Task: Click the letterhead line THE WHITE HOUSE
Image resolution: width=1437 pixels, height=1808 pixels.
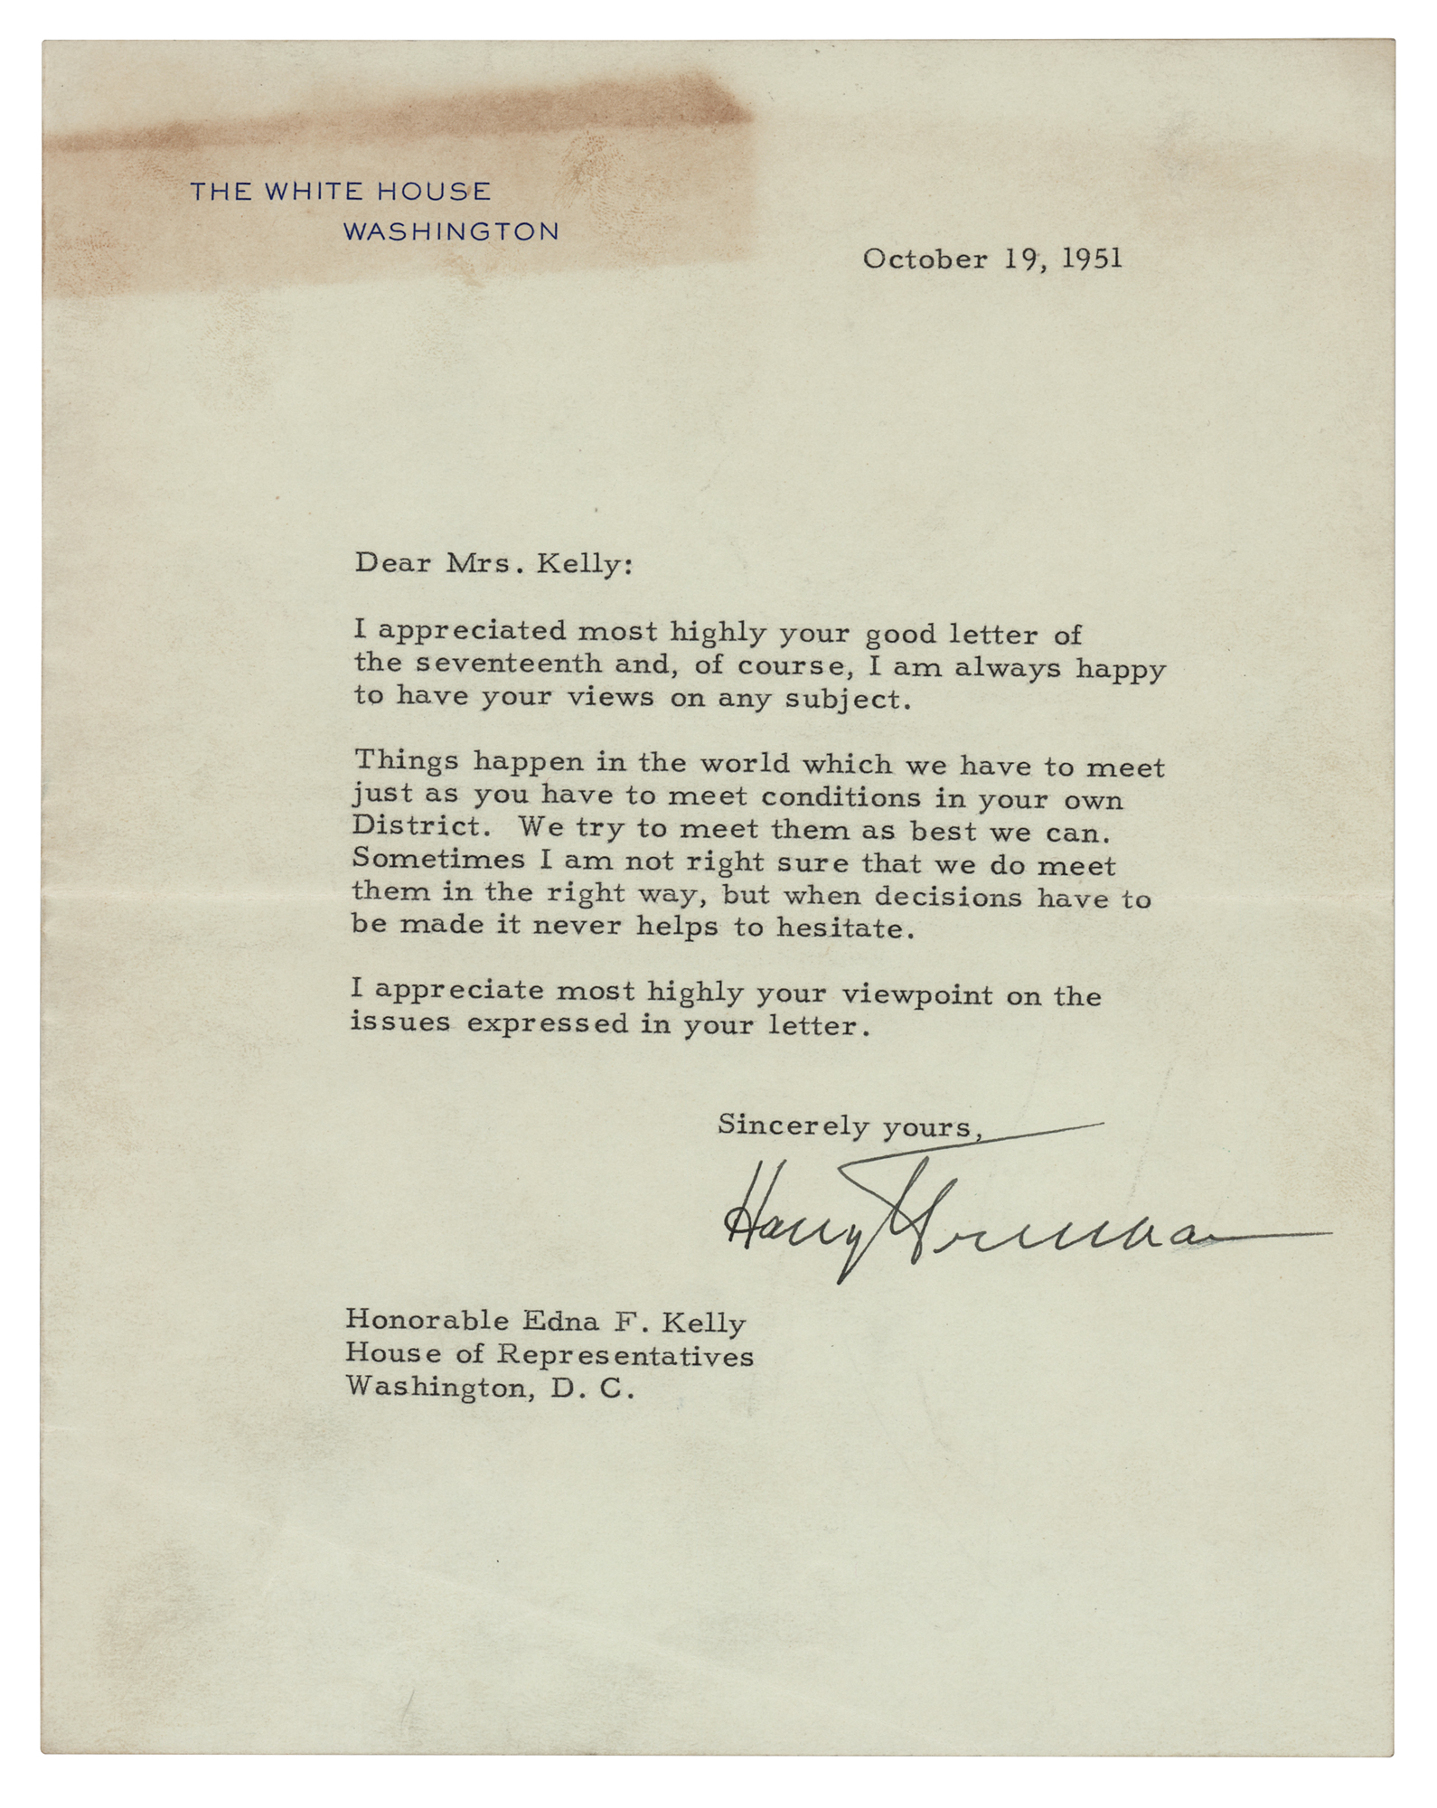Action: pos(340,191)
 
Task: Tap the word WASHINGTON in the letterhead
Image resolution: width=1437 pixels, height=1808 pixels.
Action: pos(451,231)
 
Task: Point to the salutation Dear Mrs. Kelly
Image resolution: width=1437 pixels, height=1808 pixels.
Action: pos(493,564)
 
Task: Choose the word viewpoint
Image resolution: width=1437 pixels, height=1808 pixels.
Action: pos(934,995)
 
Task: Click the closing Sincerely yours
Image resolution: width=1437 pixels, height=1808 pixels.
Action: pos(850,1126)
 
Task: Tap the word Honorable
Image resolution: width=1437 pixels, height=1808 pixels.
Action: pos(427,1322)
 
